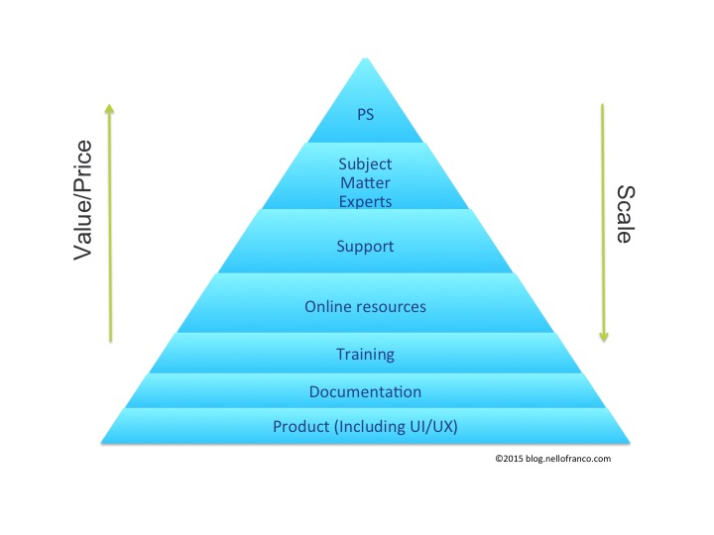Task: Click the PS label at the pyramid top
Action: pos(365,114)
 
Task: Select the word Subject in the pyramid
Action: pos(365,164)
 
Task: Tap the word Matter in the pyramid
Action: pos(365,183)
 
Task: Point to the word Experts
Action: pos(365,202)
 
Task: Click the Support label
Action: pos(365,245)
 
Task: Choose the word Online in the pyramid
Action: pos(328,306)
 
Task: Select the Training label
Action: pos(365,354)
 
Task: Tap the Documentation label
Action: pos(365,392)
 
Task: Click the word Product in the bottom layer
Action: pos(300,427)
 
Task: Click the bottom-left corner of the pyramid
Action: pos(101,442)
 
